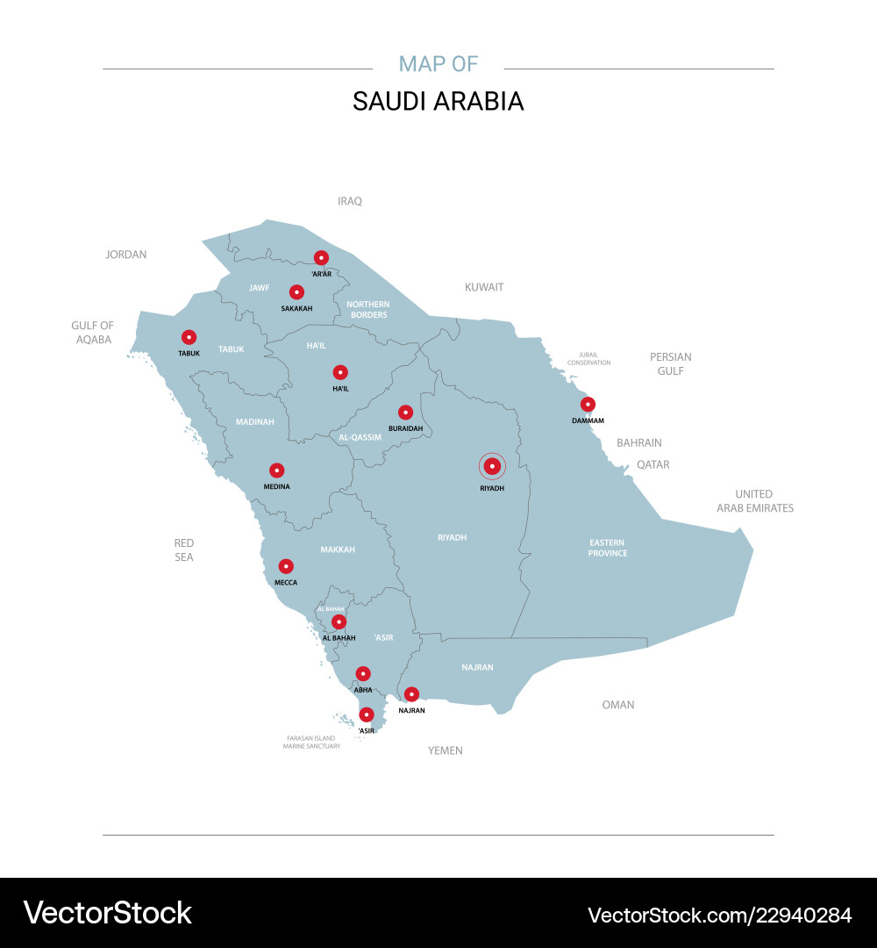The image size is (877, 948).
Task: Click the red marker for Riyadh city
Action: [492, 466]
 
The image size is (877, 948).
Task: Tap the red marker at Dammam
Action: [588, 405]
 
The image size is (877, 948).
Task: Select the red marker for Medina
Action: [276, 470]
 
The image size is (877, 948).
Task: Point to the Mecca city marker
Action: [286, 566]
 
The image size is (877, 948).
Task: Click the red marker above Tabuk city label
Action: [189, 337]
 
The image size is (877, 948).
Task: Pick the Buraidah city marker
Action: [405, 412]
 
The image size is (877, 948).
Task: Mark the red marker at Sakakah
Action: [296, 292]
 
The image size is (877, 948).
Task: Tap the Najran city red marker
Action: [411, 694]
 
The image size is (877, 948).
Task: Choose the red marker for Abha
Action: [363, 674]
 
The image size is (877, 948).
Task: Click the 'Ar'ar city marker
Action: [321, 258]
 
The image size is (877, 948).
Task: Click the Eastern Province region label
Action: [608, 548]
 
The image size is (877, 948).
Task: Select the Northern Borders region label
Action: [368, 309]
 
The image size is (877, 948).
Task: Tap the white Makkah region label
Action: [338, 549]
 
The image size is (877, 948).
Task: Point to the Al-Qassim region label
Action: [360, 436]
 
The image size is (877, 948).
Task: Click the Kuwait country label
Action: [484, 287]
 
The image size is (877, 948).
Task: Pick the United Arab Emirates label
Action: [754, 500]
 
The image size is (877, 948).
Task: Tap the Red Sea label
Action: [184, 550]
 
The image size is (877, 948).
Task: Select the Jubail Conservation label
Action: [588, 359]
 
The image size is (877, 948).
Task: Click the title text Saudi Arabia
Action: [438, 101]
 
